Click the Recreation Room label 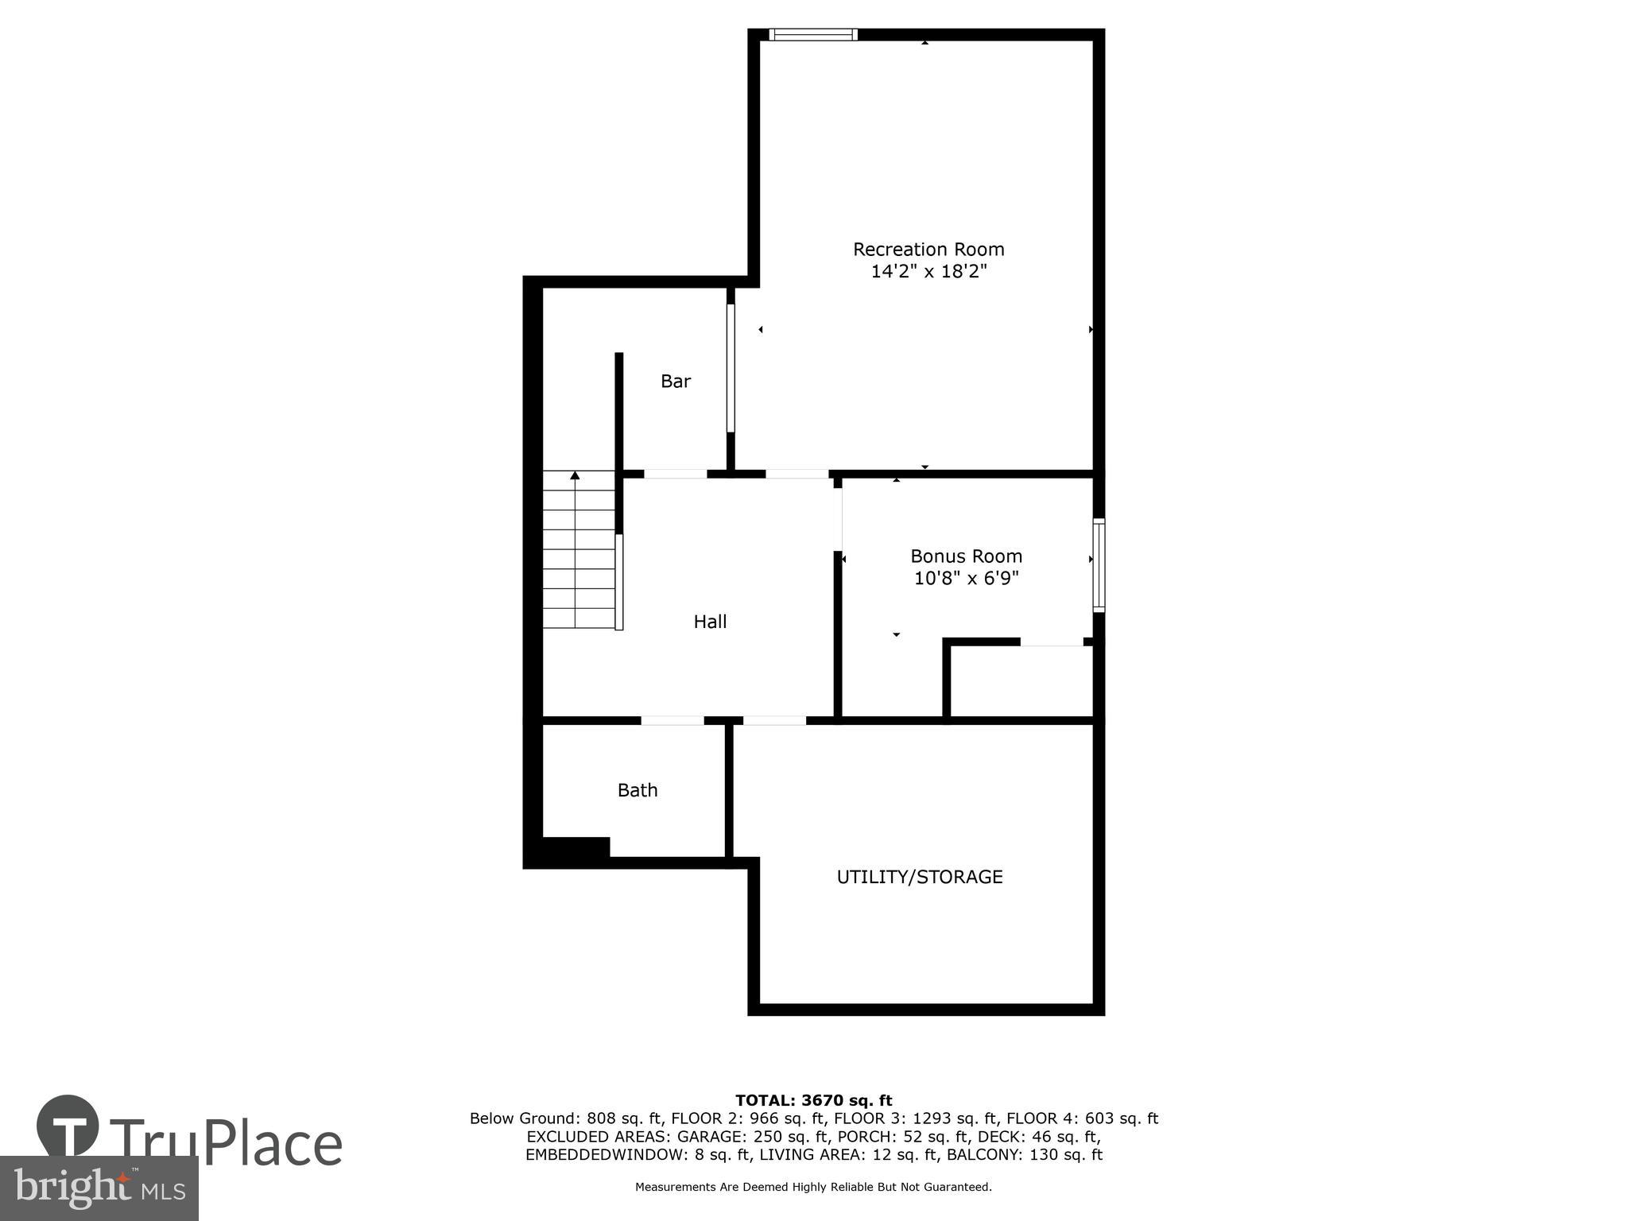point(928,250)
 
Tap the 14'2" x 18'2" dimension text point(928,272)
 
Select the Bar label point(676,382)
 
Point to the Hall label point(710,622)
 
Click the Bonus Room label point(966,556)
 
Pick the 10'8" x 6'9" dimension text point(966,579)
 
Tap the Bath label point(638,790)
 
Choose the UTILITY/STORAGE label point(920,877)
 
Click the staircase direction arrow point(575,476)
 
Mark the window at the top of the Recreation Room point(813,34)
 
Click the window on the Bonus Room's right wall point(1099,565)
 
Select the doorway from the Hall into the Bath point(673,721)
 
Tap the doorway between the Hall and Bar point(675,474)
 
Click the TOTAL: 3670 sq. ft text point(813,1101)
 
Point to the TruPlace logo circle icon point(68,1126)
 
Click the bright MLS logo point(99,1188)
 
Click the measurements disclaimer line point(813,1188)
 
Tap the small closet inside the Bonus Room point(1021,680)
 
